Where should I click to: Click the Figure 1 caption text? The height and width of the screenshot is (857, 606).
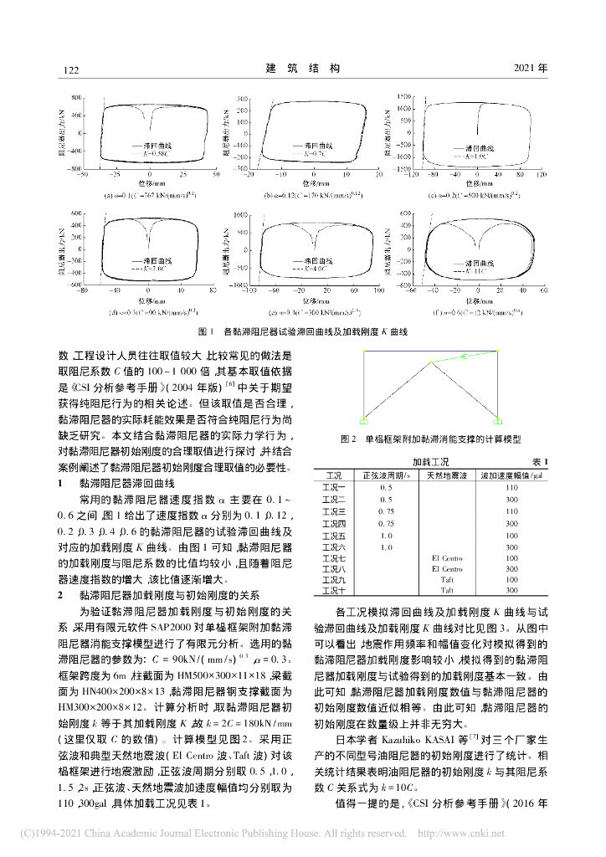(302, 331)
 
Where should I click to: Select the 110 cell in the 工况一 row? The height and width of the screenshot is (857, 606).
(512, 486)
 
